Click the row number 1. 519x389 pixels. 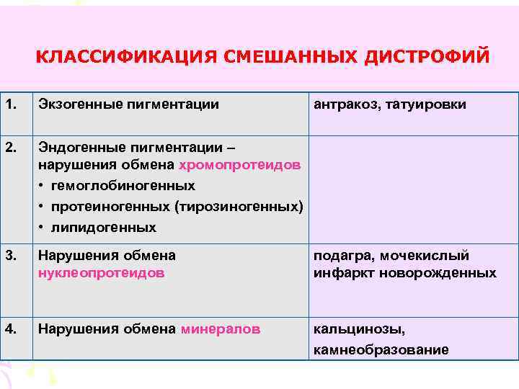pyautogui.click(x=10, y=105)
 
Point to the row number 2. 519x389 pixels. pyautogui.click(x=10, y=148)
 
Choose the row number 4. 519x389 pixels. pyautogui.click(x=10, y=329)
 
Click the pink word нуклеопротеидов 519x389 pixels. pyautogui.click(x=101, y=273)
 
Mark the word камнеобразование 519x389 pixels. pyautogui.click(x=381, y=350)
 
